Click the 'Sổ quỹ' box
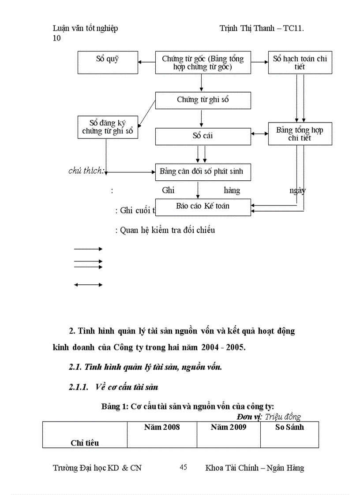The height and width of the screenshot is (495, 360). pos(108,62)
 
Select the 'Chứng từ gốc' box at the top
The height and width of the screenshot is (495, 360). pos(203,63)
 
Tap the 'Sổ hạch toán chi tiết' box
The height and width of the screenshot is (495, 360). pos(300,63)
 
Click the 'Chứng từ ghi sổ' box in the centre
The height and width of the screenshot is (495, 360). pos(203,100)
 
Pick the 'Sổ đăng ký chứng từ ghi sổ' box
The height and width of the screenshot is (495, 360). pos(108,127)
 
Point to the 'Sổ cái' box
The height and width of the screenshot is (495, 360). pos(203,136)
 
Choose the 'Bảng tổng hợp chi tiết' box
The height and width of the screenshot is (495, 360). pos(300,134)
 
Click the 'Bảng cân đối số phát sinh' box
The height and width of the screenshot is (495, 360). pos(203,171)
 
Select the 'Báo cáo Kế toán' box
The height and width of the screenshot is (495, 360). pos(203,207)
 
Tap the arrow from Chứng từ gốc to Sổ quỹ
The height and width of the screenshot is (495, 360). pos(146,63)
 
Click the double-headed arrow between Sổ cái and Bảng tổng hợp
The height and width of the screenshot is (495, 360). pos(259,134)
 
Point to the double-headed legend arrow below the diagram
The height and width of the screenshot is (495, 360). pos(88,285)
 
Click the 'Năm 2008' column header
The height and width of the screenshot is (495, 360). pos(162,427)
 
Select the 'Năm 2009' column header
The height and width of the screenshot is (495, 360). pos(229,427)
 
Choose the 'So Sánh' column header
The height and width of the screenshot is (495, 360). pos(289,427)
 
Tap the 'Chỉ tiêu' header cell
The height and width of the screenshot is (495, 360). pos(85,443)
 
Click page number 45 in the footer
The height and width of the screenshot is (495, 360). pos(184,467)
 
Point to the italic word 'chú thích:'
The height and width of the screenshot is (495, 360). pos(86,171)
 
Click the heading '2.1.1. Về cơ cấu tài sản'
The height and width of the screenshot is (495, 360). pos(113,387)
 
